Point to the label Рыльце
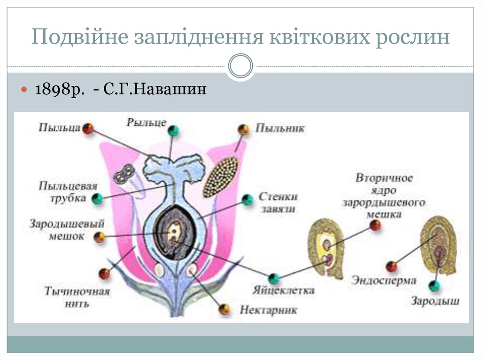coord(146,123)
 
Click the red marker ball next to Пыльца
coord(88,128)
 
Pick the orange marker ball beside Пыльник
coord(243,130)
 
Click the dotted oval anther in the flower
coord(220,177)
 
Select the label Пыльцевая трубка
coord(68,191)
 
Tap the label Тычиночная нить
coord(77,297)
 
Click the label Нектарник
coord(269,310)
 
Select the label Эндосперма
coord(384,281)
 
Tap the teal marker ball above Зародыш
coord(434,285)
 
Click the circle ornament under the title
coord(240,66)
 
